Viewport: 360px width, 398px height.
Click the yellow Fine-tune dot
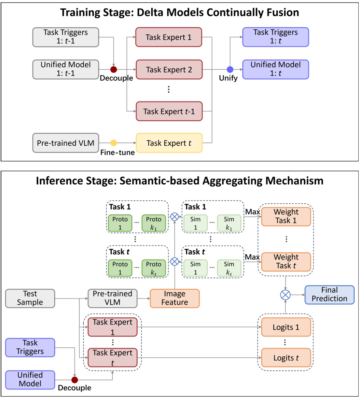[114, 143]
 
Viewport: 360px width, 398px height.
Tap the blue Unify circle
[230, 69]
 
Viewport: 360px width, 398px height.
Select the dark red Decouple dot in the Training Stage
[114, 69]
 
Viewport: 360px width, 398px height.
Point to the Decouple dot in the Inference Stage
[75, 380]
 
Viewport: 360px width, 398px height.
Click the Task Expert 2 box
[169, 70]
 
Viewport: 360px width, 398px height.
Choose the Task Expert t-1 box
[169, 112]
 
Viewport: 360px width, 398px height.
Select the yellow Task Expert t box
[169, 143]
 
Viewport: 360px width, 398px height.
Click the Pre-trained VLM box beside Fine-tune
[65, 143]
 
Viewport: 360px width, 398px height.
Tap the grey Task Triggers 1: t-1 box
[65, 37]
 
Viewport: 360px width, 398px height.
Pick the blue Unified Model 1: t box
[275, 69]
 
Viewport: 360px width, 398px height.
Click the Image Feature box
[174, 298]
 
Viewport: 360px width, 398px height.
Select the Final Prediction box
[329, 295]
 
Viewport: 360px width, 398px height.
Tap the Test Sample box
[30, 298]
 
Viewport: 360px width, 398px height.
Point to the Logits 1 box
[286, 327]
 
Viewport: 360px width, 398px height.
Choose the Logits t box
[286, 358]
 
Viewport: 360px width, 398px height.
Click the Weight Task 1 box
[286, 217]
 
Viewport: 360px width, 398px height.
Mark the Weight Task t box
[286, 262]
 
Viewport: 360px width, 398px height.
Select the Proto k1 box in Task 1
[154, 223]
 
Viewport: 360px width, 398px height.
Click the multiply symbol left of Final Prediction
[285, 295]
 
